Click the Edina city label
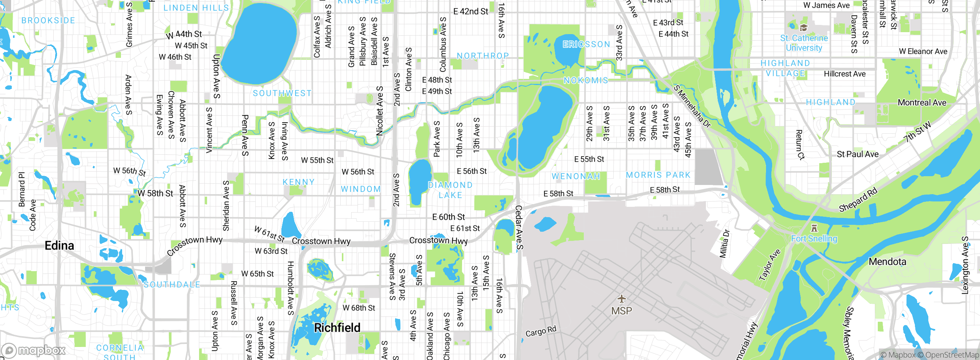pyautogui.click(x=59, y=245)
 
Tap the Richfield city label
pyautogui.click(x=337, y=327)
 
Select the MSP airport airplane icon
pyautogui.click(x=621, y=298)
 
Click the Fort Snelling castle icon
pyautogui.click(x=814, y=229)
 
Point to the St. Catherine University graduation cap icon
pyautogui.click(x=804, y=28)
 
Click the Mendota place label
pyautogui.click(x=887, y=262)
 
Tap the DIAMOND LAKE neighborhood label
pyautogui.click(x=450, y=190)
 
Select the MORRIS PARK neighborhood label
pyautogui.click(x=658, y=175)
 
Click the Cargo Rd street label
pyautogui.click(x=541, y=332)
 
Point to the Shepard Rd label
pyautogui.click(x=858, y=200)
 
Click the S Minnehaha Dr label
pyautogui.click(x=692, y=106)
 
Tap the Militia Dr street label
pyautogui.click(x=724, y=244)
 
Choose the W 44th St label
pyautogui.click(x=184, y=35)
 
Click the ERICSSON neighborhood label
pyautogui.click(x=586, y=44)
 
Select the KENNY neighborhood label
pyautogui.click(x=299, y=182)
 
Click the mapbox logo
pyautogui.click(x=33, y=350)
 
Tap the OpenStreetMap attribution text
pyautogui.click(x=952, y=355)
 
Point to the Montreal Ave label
pyautogui.click(x=922, y=103)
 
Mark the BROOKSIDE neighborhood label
pyautogui.click(x=48, y=20)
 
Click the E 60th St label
pyautogui.click(x=448, y=217)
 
